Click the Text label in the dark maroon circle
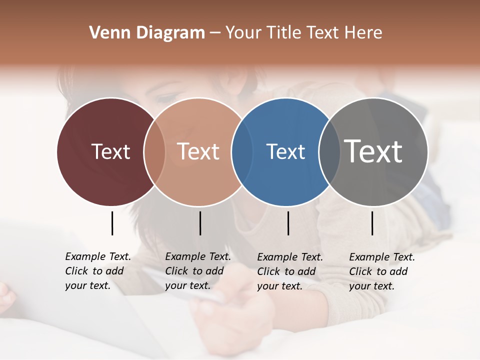point(110,151)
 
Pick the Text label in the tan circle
point(198,151)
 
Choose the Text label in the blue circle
point(285,151)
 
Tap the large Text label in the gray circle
point(373,151)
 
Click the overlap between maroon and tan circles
point(154,151)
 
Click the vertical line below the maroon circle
point(112,223)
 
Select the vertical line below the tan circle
point(200,223)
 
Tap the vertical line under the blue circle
point(288,223)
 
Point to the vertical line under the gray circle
point(372,223)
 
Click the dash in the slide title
point(215,33)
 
